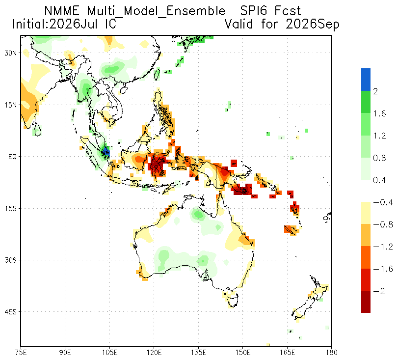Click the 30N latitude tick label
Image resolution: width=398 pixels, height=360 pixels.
click(10, 53)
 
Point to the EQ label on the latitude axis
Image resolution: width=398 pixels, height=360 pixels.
click(12, 157)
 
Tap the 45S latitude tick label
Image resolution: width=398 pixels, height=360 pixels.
click(10, 312)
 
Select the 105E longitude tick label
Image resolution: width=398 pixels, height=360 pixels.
click(110, 353)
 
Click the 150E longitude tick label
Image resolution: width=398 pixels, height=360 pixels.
click(243, 353)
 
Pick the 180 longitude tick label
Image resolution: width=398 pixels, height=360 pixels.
click(331, 353)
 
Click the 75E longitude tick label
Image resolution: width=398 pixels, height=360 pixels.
click(21, 353)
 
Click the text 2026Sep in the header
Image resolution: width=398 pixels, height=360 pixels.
click(313, 25)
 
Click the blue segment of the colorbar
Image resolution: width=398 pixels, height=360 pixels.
click(366, 80)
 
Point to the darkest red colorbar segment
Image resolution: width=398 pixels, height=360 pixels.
click(366, 302)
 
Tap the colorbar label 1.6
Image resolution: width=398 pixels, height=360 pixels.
click(379, 113)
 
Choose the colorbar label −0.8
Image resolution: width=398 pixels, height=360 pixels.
click(383, 224)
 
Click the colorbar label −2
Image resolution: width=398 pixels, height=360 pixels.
click(379, 291)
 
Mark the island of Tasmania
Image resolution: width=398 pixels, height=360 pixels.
click(233, 300)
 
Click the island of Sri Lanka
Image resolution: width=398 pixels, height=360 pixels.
click(38, 130)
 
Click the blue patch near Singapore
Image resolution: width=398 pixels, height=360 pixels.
click(107, 151)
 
